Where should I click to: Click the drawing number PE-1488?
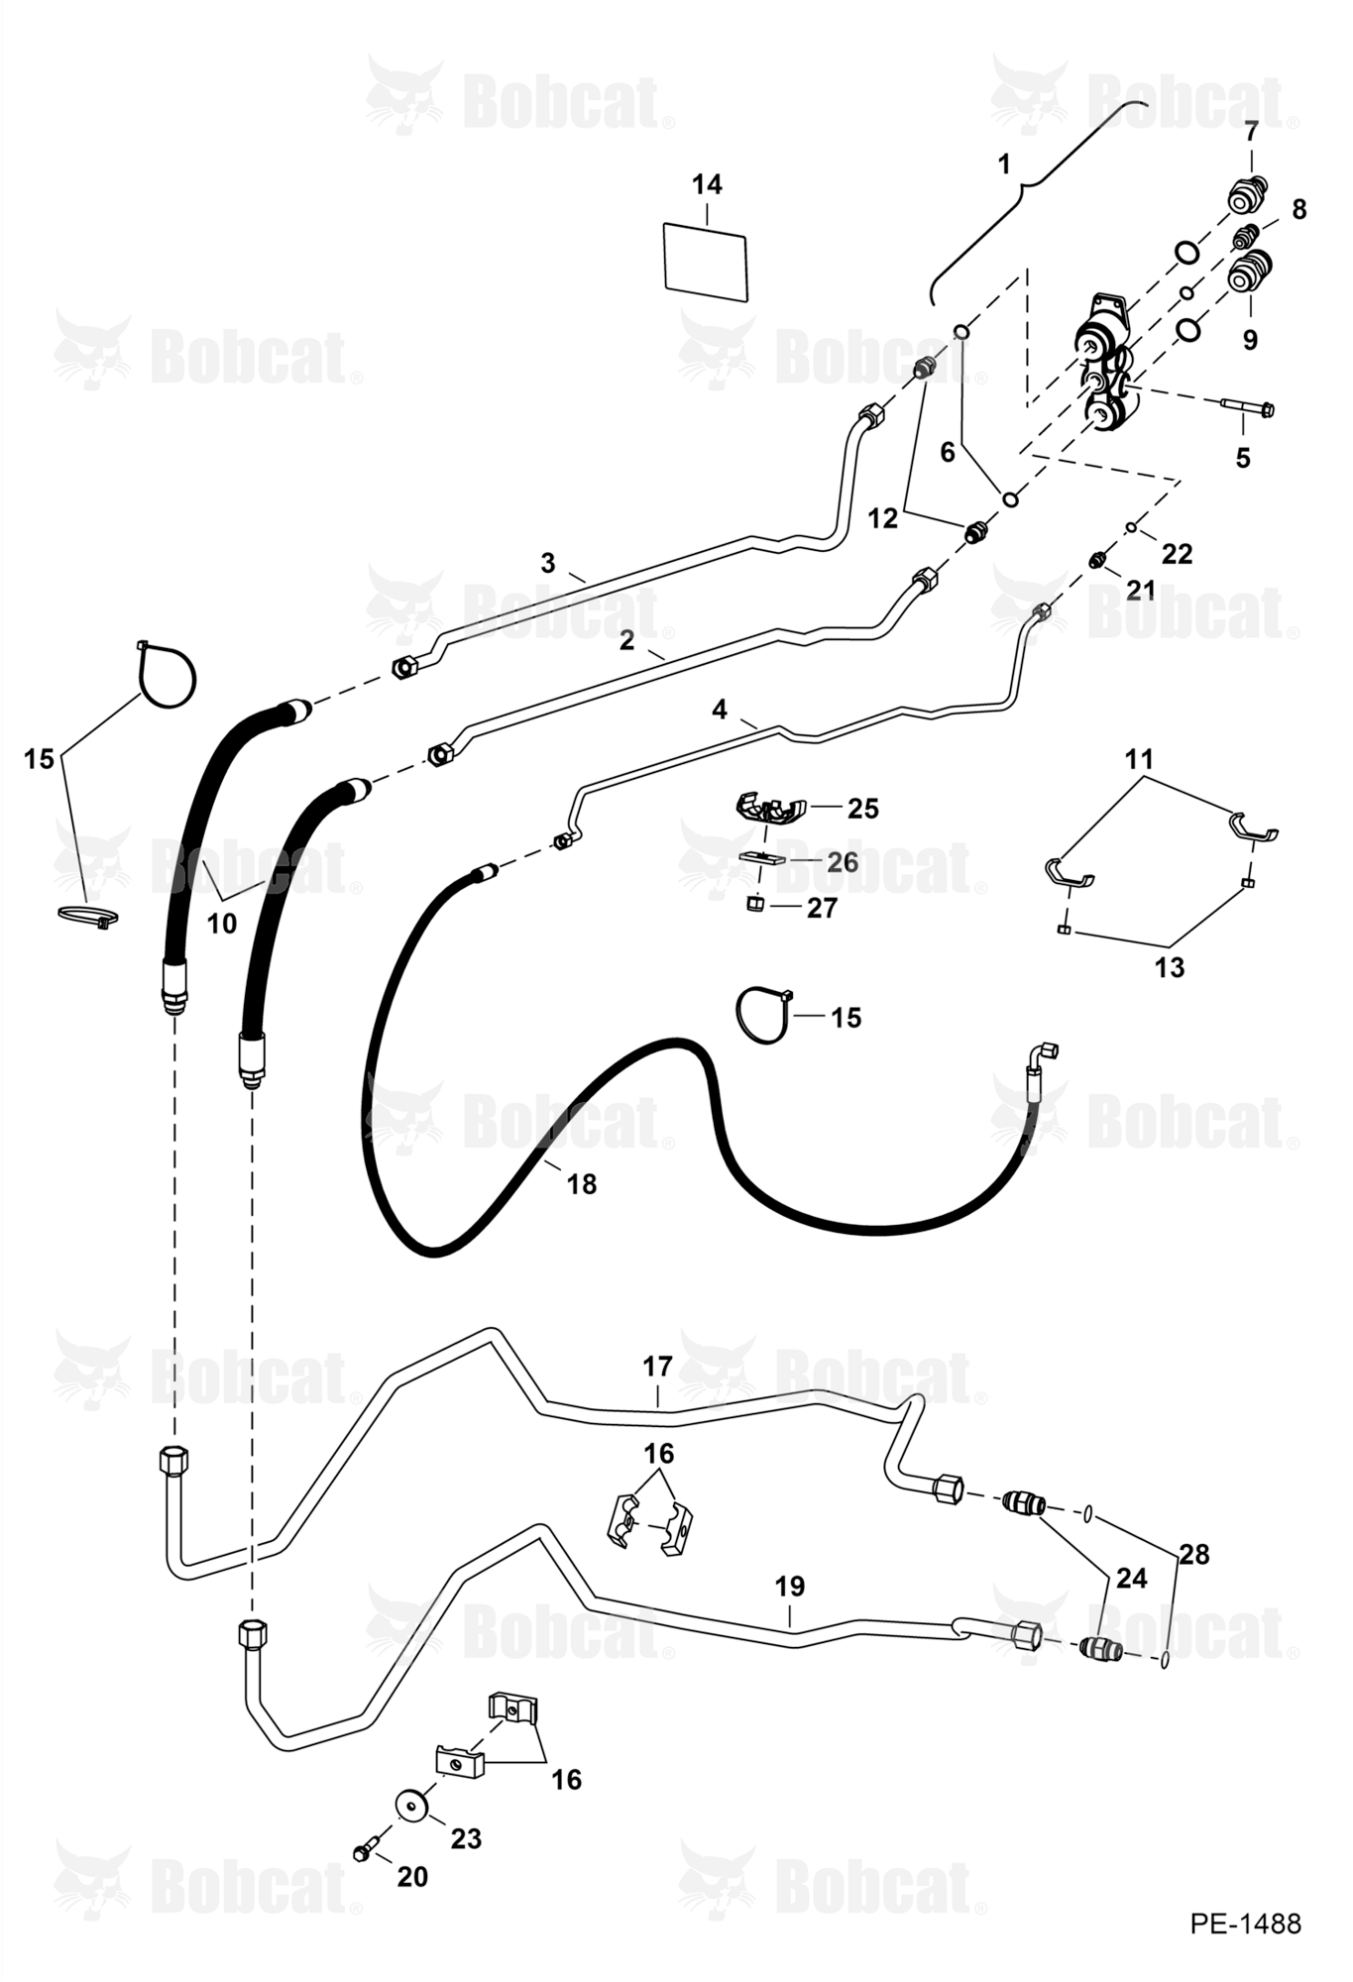pos(1245,1924)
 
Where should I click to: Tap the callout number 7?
pos(1251,130)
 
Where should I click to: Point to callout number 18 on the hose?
pos(581,1183)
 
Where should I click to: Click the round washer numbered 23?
pos(410,1803)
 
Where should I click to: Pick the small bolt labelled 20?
pos(365,1848)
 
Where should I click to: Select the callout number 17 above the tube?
pos(657,1367)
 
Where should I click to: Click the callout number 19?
pos(789,1587)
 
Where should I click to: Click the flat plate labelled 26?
pos(762,857)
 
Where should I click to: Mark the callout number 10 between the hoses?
pos(221,924)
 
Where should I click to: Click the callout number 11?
pos(1140,759)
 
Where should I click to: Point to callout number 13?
pos(1170,967)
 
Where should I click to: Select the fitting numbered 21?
pos(1097,561)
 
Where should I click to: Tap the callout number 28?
pos(1194,1555)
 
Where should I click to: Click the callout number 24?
pos(1131,1578)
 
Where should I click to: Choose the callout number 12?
pos(882,517)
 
